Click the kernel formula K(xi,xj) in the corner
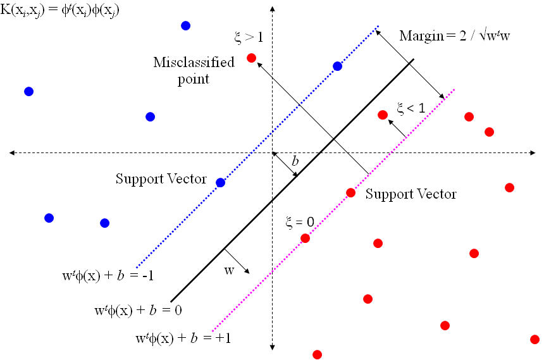point(59,9)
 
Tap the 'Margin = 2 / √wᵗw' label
point(454,36)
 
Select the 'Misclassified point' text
point(194,70)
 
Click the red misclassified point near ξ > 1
point(252,58)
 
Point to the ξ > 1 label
point(249,37)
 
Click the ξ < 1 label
point(411,108)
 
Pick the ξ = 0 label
point(300,222)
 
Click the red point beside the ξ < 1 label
point(383,115)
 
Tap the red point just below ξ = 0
point(306,238)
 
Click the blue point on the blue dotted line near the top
point(338,66)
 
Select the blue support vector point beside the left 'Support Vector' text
point(221,183)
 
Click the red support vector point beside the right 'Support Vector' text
point(351,193)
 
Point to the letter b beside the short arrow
point(295,161)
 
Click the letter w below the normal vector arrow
point(229,270)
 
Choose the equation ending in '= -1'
point(108,276)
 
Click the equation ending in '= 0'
point(139,310)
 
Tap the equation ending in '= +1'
point(183,338)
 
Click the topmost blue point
point(185,26)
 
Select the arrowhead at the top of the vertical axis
point(273,8)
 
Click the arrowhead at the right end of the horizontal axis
point(533,152)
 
